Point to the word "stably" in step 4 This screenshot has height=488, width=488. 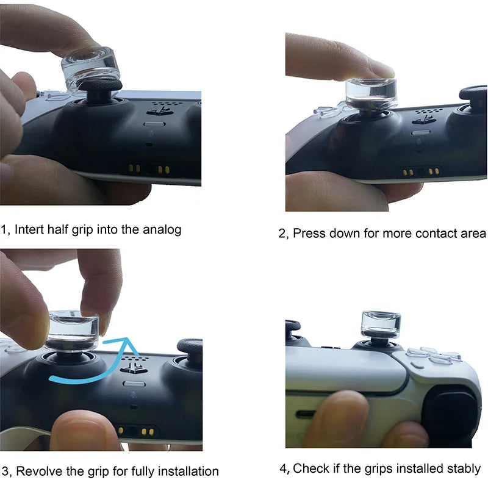coord(463,468)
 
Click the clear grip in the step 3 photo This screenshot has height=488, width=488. coord(73,331)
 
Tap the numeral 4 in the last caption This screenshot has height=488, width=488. coord(283,468)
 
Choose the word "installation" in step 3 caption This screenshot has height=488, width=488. coord(188,471)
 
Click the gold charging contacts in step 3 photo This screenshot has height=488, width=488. coord(136,431)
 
